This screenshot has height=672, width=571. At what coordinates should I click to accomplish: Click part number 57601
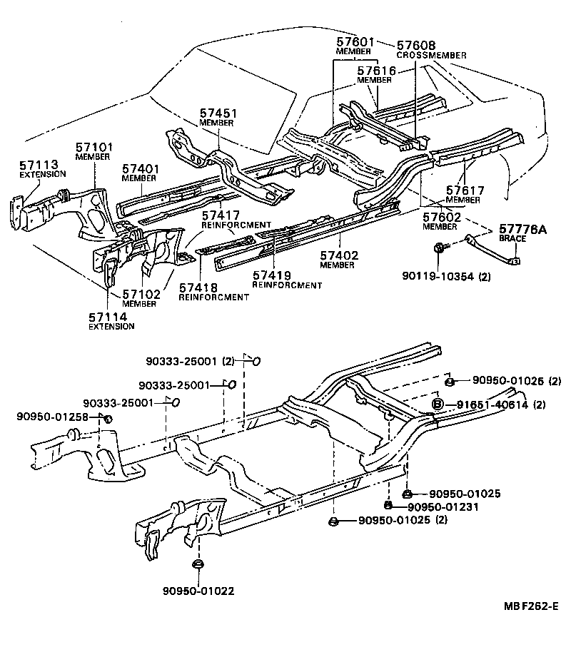[x=353, y=42]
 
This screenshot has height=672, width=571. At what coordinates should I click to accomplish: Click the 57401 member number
[x=140, y=168]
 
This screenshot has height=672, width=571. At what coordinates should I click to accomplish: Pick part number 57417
[x=221, y=215]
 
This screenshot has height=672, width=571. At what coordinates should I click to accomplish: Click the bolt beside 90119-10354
[x=438, y=248]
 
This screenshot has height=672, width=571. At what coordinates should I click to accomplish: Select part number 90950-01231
[x=443, y=506]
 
